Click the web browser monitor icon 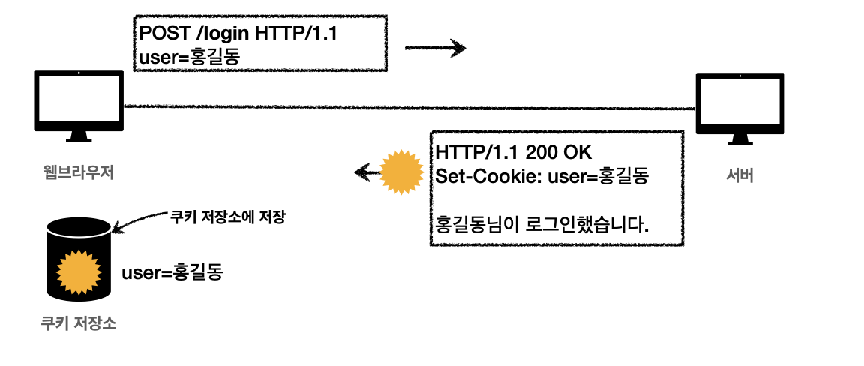point(79,105)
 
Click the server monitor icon point(739,108)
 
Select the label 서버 point(739,177)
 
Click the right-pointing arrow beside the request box point(435,49)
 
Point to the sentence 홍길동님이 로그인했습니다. point(542,223)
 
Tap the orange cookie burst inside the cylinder point(79,271)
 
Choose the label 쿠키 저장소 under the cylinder point(79,325)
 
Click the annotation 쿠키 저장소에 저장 point(229,218)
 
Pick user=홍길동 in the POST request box point(190,55)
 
